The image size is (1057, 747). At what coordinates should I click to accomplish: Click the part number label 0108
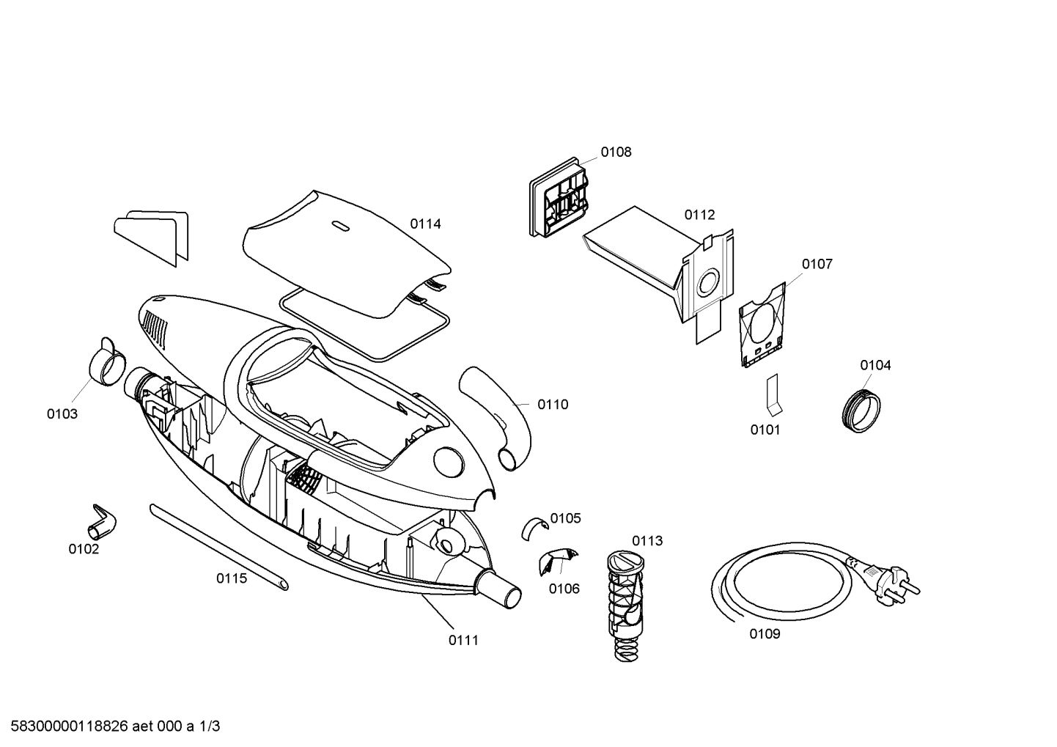click(x=616, y=152)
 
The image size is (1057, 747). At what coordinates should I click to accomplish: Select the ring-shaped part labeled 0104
click(x=859, y=412)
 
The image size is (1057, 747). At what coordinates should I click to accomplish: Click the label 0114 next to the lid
click(x=425, y=224)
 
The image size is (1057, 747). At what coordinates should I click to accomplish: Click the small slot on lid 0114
click(x=341, y=225)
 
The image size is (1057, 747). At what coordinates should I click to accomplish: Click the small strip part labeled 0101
click(x=773, y=396)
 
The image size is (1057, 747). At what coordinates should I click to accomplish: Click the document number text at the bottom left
click(x=110, y=726)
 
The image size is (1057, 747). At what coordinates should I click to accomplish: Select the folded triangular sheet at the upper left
click(x=152, y=236)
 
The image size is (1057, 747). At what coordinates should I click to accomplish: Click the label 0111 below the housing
click(x=463, y=640)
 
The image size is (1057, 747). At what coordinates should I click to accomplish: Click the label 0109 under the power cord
click(x=765, y=634)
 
